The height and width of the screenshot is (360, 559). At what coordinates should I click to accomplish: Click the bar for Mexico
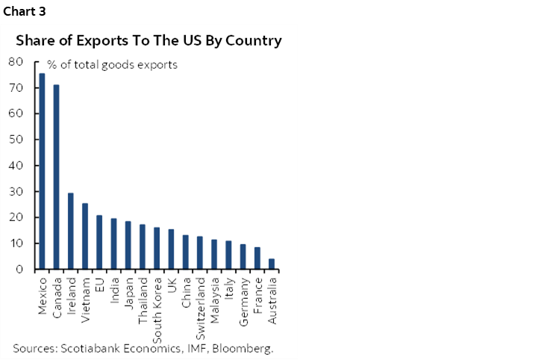coord(42,171)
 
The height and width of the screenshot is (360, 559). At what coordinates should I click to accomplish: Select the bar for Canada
coord(56,177)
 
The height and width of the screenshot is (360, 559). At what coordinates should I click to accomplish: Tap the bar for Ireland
coord(71,231)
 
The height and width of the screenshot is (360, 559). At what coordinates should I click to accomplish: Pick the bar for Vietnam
coord(85,236)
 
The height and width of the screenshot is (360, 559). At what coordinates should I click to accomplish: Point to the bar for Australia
coord(272,264)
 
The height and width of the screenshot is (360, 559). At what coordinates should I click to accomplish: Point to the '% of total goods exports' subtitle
coord(113,65)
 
